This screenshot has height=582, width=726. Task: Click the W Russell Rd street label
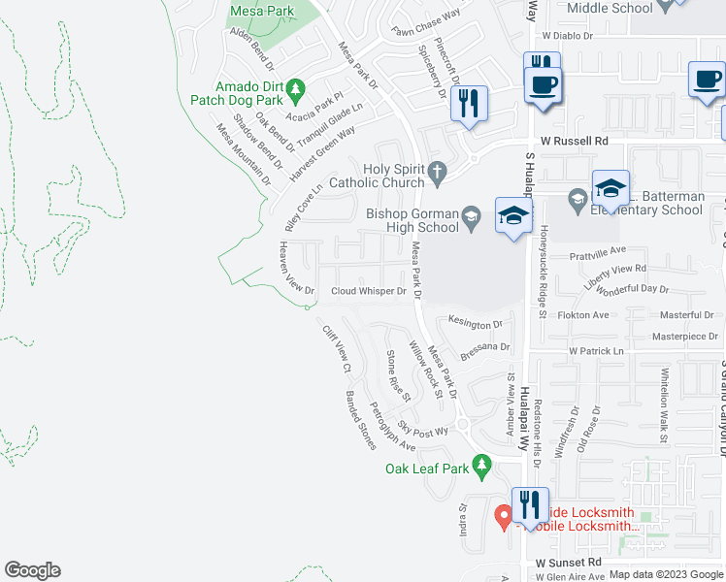574,140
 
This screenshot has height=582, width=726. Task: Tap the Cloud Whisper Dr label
369,291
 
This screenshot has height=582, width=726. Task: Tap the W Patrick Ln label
600,350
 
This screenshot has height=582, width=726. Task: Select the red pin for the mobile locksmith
503,516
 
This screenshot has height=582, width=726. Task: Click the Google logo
32,570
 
